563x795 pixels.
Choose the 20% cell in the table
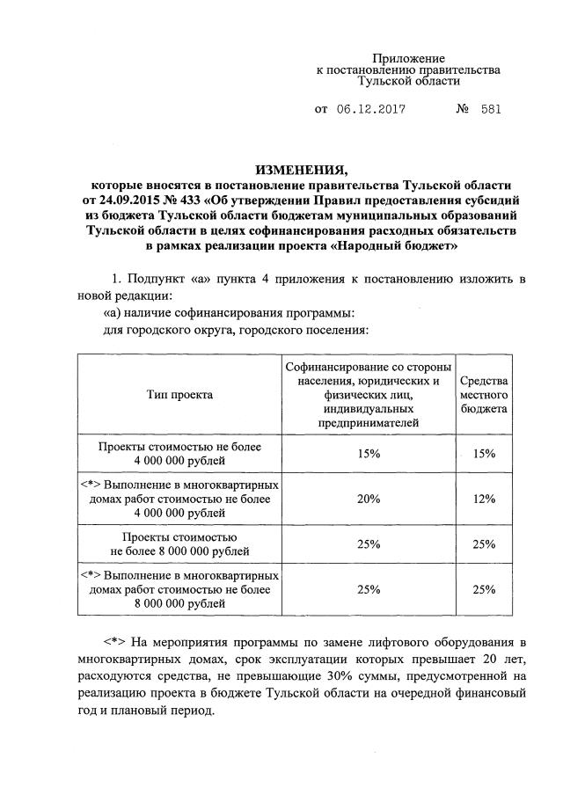[x=368, y=499]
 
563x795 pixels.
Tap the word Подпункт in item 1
[x=152, y=279]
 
